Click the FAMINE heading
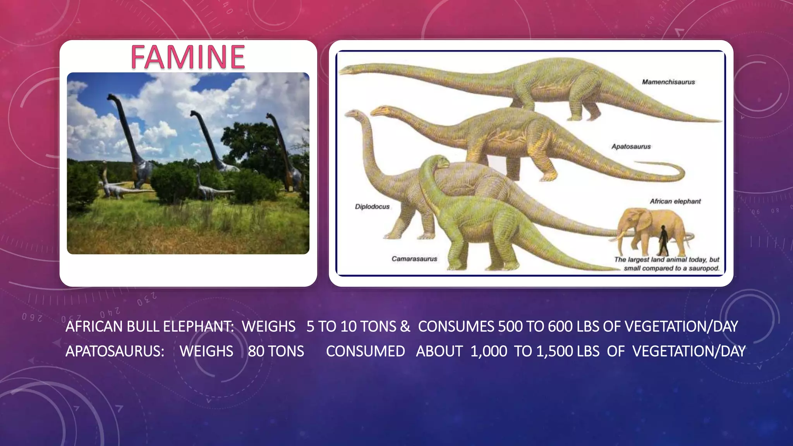[x=188, y=57]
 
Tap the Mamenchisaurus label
[x=668, y=82]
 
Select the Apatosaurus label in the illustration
[x=631, y=146]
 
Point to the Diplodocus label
[x=372, y=207]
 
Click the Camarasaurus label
[x=414, y=259]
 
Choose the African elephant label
[x=675, y=201]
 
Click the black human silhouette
[x=663, y=240]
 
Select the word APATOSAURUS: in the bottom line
[x=115, y=352]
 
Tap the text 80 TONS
[x=276, y=352]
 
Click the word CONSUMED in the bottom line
[x=365, y=352]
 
